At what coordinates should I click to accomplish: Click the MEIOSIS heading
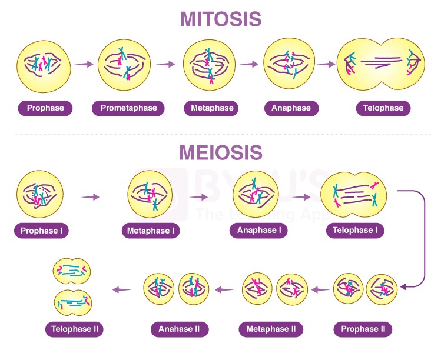click(220, 152)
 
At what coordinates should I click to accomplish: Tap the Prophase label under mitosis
click(45, 108)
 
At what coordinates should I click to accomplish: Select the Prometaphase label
click(128, 108)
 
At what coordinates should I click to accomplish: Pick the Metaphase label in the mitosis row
click(212, 108)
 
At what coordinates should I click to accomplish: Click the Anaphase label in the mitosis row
click(291, 108)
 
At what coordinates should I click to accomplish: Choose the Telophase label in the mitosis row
click(383, 108)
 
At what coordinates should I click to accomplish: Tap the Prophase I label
click(41, 231)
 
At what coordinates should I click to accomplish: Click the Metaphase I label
click(150, 231)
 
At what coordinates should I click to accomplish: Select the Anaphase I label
click(259, 230)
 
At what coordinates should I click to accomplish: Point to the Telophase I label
click(355, 230)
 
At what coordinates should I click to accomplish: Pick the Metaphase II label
click(271, 329)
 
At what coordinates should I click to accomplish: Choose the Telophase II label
click(75, 329)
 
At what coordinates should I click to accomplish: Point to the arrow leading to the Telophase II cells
click(122, 289)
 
